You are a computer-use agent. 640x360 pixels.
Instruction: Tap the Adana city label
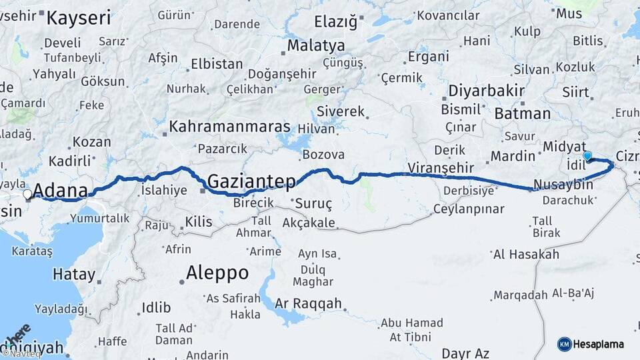[x=60, y=191]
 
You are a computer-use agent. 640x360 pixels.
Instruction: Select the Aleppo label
[x=217, y=273]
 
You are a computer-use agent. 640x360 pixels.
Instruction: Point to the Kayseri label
[x=78, y=18]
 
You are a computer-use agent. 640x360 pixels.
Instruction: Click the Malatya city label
[x=316, y=46]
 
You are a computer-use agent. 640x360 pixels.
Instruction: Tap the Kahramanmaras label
[x=230, y=127]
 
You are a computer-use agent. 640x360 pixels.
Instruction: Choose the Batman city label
[x=523, y=114]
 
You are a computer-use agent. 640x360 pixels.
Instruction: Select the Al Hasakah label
[x=525, y=254]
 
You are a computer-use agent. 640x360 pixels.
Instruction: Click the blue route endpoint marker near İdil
[x=587, y=156]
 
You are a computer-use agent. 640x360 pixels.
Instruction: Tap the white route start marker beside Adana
[x=27, y=194]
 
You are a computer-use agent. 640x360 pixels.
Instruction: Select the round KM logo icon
[x=564, y=344]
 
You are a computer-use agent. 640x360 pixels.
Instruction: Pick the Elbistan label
[x=217, y=65]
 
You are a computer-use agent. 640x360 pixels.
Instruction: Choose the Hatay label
[x=74, y=273]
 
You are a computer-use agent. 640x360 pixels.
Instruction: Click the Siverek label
[x=341, y=111]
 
